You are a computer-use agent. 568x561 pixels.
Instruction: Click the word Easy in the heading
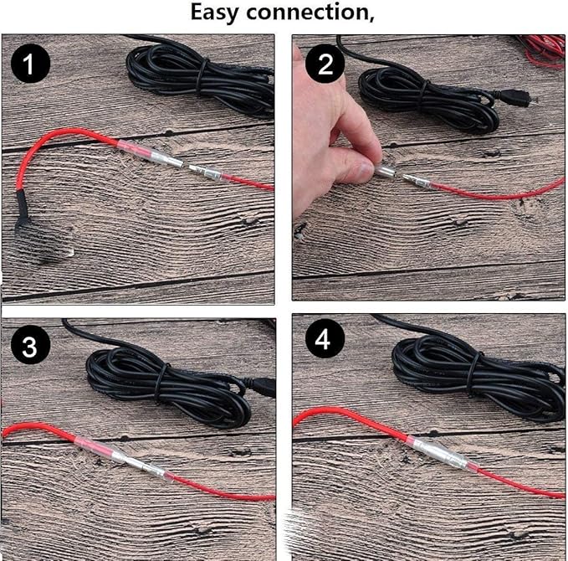[215, 13]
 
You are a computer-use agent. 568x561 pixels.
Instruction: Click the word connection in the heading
[307, 13]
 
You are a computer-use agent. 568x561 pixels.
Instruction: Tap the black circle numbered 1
[30, 64]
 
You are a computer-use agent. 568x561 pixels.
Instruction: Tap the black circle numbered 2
[325, 64]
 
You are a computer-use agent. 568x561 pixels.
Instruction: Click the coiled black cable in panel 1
[200, 78]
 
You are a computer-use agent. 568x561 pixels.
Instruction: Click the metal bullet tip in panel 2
[408, 179]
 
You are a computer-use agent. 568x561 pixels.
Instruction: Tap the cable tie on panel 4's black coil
[472, 376]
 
